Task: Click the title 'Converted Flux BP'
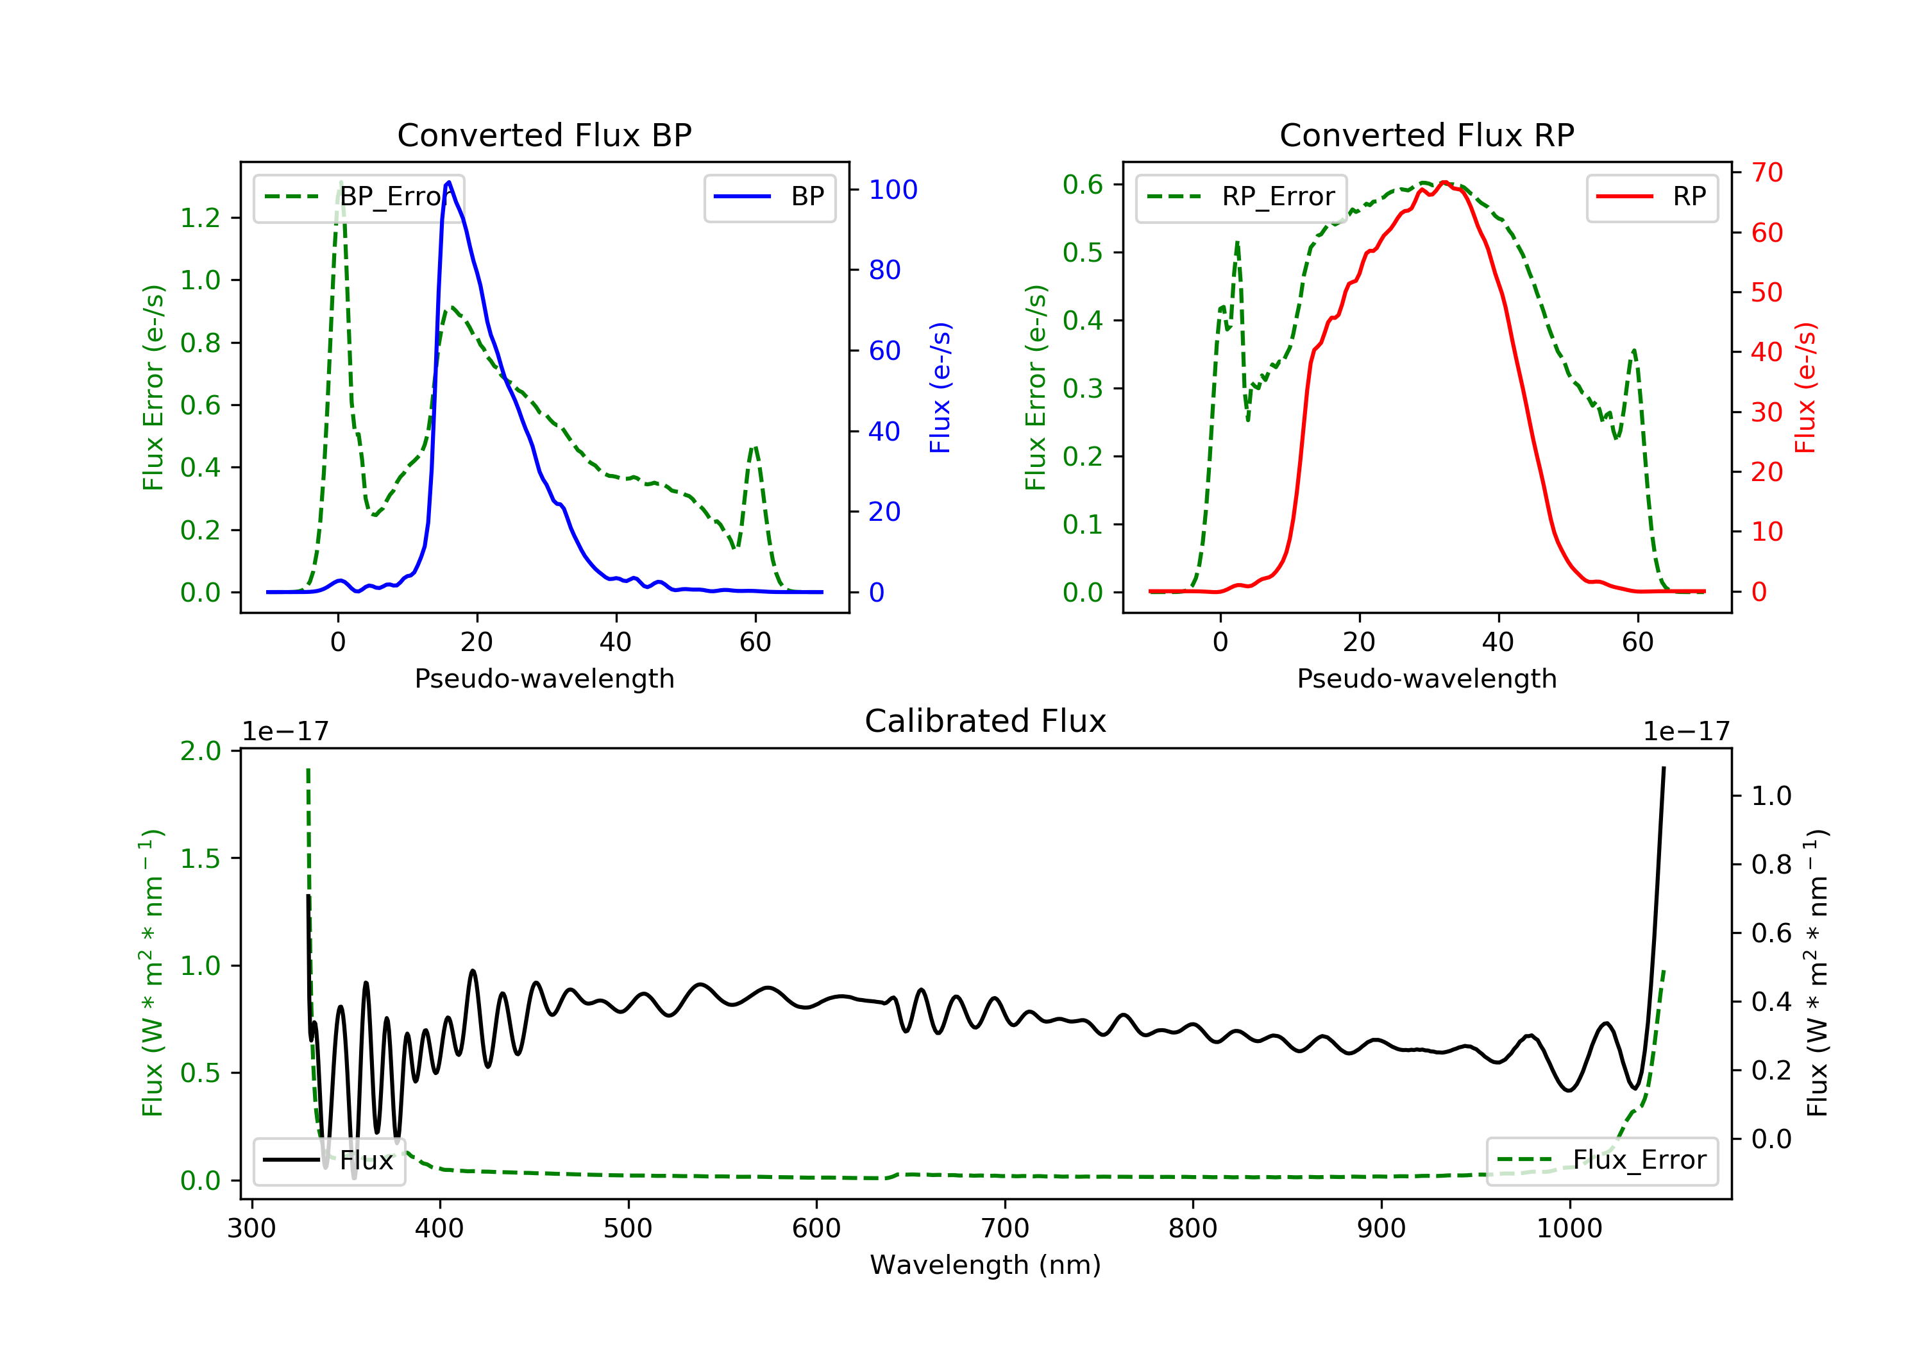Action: click(544, 135)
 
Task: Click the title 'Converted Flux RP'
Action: click(1426, 135)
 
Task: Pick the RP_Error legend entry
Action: click(1241, 197)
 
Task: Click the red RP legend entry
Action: click(1651, 197)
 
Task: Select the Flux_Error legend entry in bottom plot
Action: click(1601, 1160)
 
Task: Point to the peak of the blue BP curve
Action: click(449, 183)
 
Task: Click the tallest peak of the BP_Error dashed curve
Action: click(340, 183)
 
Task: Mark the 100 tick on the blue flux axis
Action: click(893, 191)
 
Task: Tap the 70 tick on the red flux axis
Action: click(1766, 173)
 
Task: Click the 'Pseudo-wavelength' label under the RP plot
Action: click(1426, 678)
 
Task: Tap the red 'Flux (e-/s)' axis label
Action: click(1805, 387)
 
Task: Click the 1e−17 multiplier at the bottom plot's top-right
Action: click(1685, 732)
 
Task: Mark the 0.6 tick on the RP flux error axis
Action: click(1083, 184)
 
